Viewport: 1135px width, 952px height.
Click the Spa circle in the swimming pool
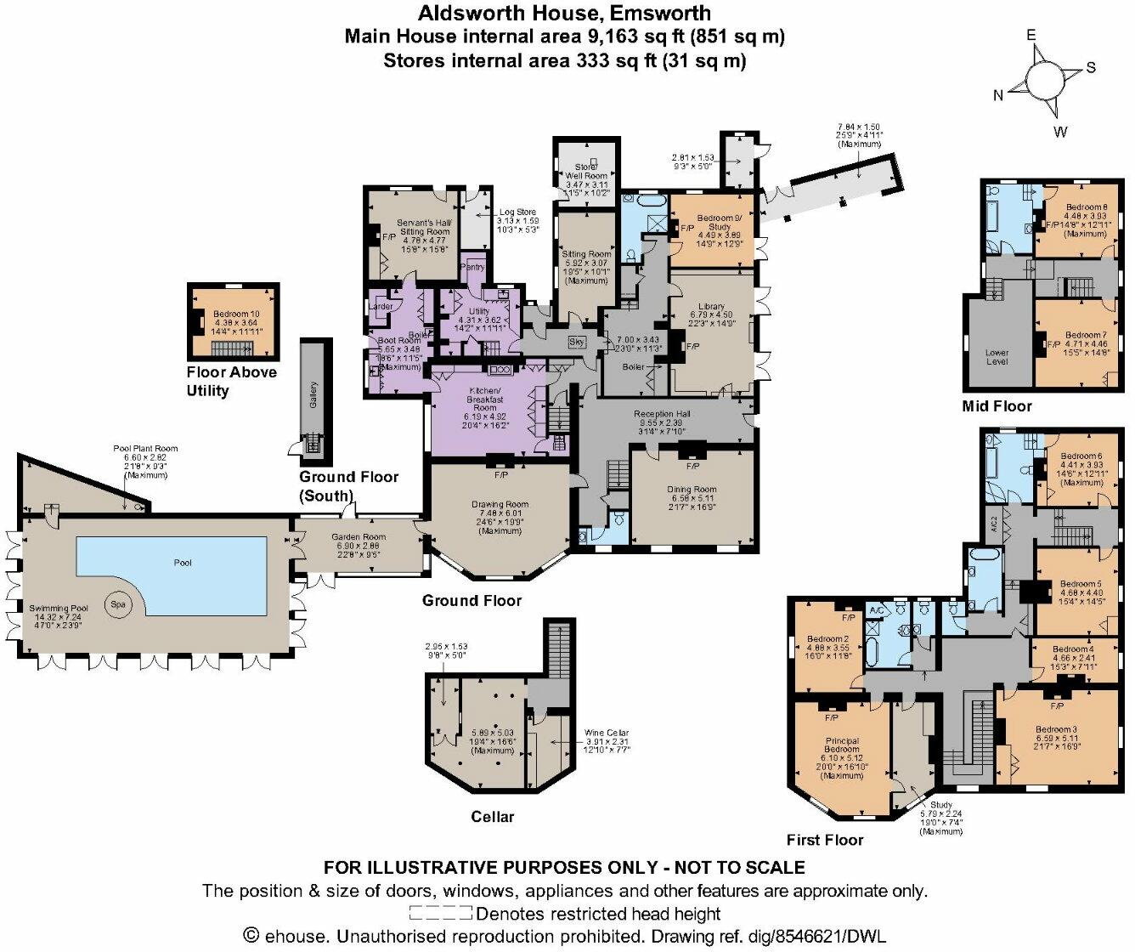point(117,604)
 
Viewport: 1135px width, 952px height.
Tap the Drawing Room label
point(500,505)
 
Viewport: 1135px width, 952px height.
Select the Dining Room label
point(692,490)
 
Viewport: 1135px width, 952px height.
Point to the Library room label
point(711,307)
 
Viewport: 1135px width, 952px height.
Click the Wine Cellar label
point(607,733)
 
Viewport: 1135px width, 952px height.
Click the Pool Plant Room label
point(146,449)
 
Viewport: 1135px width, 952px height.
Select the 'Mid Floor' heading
point(997,406)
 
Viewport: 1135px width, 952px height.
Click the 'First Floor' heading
point(824,840)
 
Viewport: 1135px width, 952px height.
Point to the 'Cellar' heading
point(493,817)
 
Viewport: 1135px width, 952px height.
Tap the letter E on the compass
point(1031,36)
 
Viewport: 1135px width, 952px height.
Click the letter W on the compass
point(1061,132)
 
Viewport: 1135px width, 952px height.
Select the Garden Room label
point(359,537)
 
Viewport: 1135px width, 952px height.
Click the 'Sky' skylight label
point(576,342)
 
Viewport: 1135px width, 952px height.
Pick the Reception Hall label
point(662,415)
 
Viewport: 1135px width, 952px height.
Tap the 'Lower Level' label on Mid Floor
point(997,357)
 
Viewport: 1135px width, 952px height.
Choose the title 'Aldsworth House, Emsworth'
point(564,14)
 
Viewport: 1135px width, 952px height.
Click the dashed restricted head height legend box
point(440,914)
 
